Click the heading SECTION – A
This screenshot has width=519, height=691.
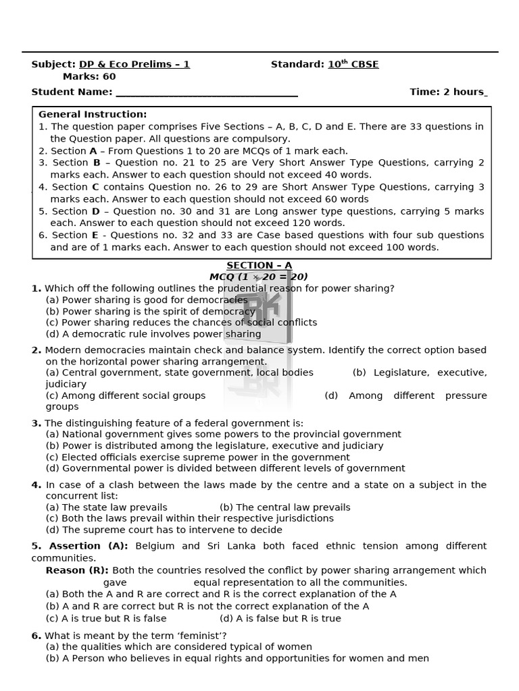coord(259,265)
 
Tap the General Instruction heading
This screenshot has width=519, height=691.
coord(93,115)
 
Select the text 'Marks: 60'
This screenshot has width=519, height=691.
coord(89,76)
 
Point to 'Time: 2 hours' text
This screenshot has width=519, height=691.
coord(447,92)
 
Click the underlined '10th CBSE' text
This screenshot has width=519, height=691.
coord(353,65)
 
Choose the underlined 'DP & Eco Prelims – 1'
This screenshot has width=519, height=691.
coord(134,65)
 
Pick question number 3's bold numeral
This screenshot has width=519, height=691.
coord(36,424)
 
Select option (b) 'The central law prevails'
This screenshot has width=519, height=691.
coord(285,507)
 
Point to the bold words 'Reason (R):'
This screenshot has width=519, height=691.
coord(77,570)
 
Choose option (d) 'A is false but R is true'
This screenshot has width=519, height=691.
coord(280,618)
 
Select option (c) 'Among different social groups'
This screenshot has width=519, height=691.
coord(125,395)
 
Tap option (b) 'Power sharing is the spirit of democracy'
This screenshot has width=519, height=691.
coord(150,311)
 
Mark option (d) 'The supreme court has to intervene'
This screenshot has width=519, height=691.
coord(164,530)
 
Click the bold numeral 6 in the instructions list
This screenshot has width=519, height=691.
coord(42,236)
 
